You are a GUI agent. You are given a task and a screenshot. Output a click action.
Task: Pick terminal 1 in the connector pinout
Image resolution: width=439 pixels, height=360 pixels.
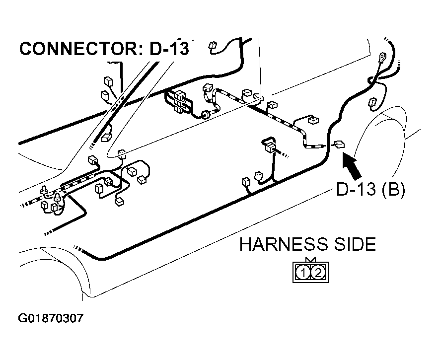303,272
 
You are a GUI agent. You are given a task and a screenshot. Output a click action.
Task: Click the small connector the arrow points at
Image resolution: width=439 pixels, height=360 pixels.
339,144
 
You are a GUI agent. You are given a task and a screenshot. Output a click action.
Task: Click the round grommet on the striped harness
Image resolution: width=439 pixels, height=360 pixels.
203,116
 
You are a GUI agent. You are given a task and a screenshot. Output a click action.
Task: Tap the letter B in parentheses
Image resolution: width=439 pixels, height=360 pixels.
393,190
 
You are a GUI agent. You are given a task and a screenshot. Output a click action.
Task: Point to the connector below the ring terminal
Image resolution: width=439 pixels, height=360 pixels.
373,103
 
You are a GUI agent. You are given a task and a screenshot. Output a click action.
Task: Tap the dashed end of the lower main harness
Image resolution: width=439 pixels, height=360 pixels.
77,248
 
